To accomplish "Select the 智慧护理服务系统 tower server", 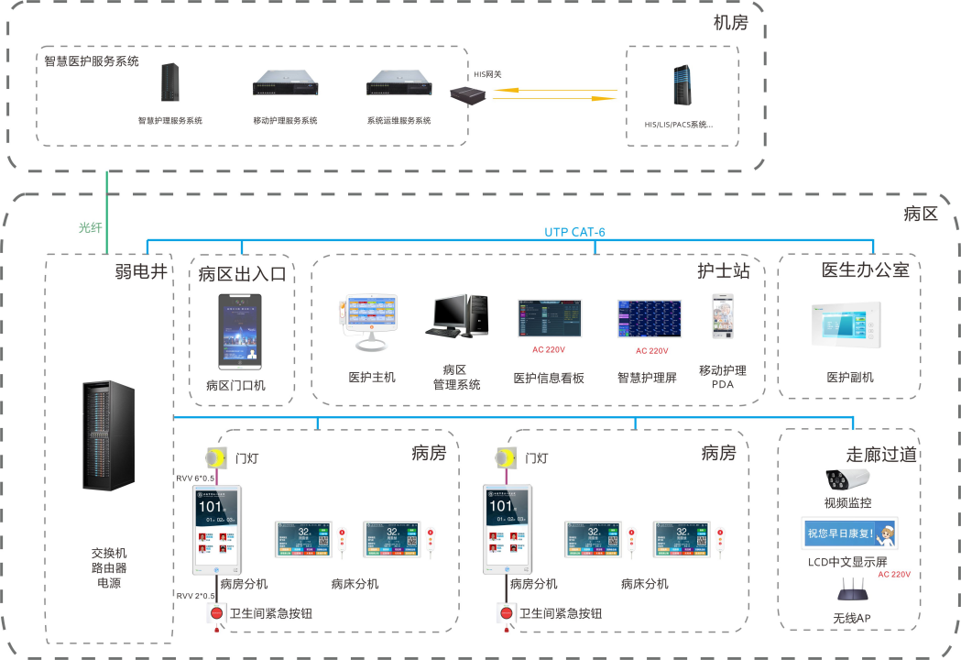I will (x=170, y=84).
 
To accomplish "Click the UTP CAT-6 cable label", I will (x=575, y=232).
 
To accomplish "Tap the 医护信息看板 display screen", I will (x=549, y=319).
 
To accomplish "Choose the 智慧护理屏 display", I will (x=649, y=319).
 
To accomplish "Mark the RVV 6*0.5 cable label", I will (x=195, y=478).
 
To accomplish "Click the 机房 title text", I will (x=730, y=23).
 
